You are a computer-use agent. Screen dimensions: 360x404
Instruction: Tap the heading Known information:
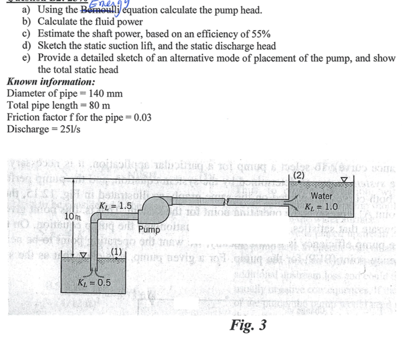coord(51,82)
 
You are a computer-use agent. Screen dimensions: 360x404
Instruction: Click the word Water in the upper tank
coord(321,196)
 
